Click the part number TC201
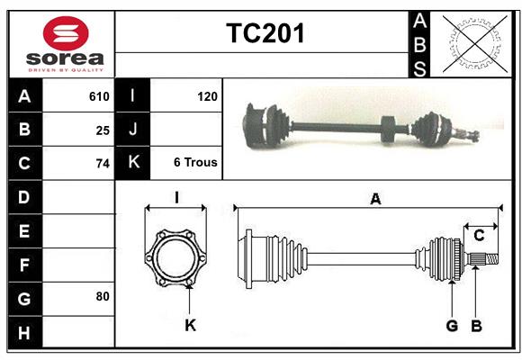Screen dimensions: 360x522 point(265,34)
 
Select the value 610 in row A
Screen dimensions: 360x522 point(99,96)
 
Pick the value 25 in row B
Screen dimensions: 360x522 point(103,130)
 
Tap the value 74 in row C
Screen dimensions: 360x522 point(103,164)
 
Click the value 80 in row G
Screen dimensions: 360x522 point(103,296)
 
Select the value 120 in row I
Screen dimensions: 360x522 point(206,96)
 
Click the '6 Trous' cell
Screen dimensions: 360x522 point(194,163)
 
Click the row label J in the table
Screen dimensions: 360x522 point(133,130)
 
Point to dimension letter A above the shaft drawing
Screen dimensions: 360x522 point(374,200)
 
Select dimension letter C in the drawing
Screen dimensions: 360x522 point(479,236)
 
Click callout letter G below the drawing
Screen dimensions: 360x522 point(452,325)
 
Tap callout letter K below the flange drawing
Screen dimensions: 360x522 point(190,325)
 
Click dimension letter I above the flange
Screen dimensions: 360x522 point(176,197)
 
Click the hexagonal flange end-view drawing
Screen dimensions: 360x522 point(176,257)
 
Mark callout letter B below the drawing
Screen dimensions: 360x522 point(476,325)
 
